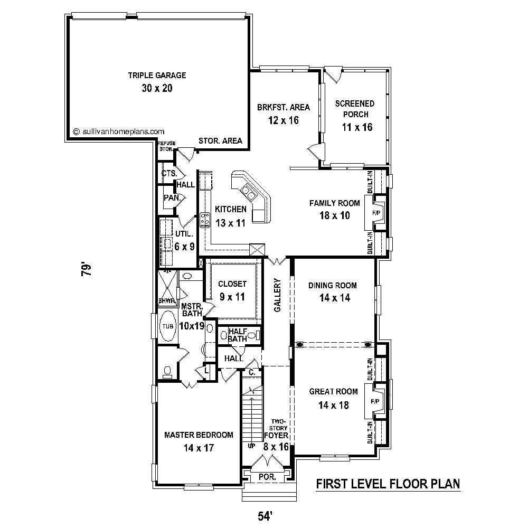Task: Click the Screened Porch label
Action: coord(355,109)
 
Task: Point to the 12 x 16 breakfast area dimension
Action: coord(283,120)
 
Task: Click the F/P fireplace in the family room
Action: coord(376,213)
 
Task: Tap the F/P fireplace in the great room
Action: coord(375,402)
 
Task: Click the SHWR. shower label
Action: coord(166,301)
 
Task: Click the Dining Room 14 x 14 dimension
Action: coord(334,298)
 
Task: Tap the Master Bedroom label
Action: coord(199,435)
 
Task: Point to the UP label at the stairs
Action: coord(251,446)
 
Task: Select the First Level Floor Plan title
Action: coord(387,484)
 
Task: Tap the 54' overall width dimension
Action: coord(266,514)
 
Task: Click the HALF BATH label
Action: coord(238,335)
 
